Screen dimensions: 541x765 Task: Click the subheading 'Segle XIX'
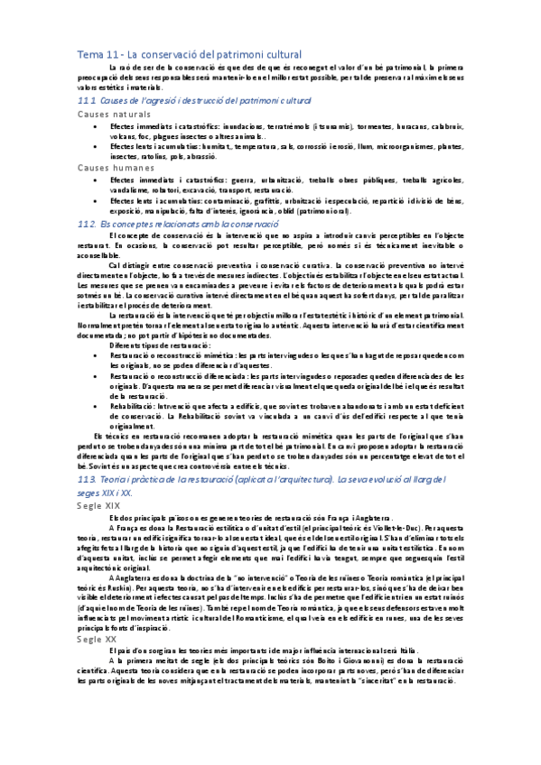click(100, 506)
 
